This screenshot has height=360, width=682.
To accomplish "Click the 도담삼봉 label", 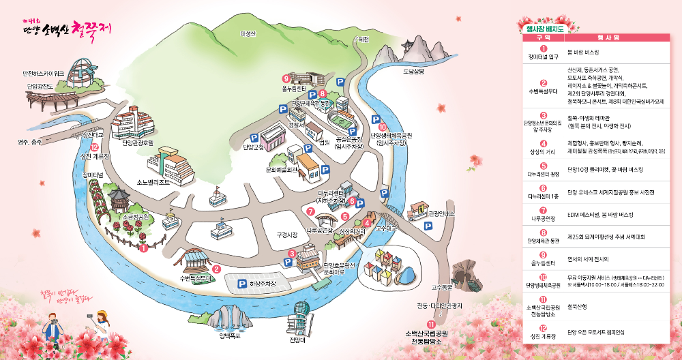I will coord(413,71).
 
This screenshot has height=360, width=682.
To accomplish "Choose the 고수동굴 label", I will coord(443,288).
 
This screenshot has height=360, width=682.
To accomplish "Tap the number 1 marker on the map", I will coord(143,248).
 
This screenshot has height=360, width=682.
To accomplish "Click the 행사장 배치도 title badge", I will coord(544,29).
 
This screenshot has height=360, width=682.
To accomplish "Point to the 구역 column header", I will coord(543,39).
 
